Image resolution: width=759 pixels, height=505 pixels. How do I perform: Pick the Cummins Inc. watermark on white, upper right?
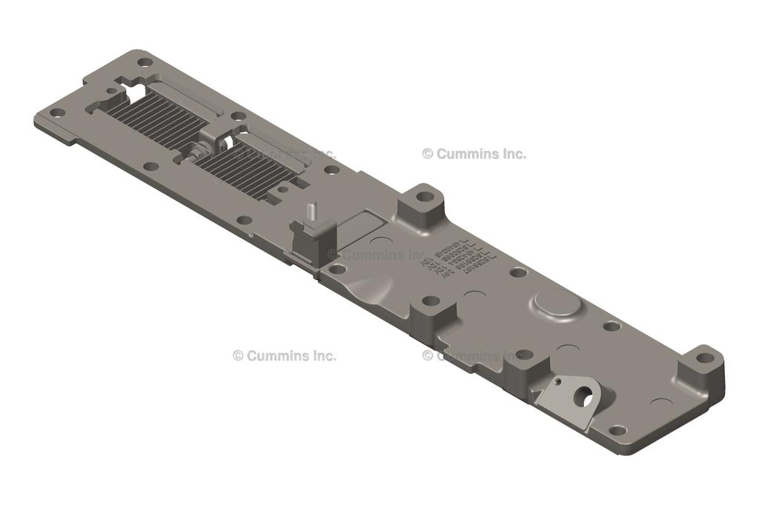[474, 154]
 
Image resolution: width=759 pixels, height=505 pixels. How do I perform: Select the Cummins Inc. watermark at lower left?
[285, 355]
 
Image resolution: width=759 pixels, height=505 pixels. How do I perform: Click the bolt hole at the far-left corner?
[56, 113]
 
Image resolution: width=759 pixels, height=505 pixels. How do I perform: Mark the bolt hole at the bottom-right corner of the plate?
[617, 430]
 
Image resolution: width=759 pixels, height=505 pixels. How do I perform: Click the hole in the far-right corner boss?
[705, 358]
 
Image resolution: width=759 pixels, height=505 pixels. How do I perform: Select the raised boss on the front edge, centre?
[432, 311]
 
